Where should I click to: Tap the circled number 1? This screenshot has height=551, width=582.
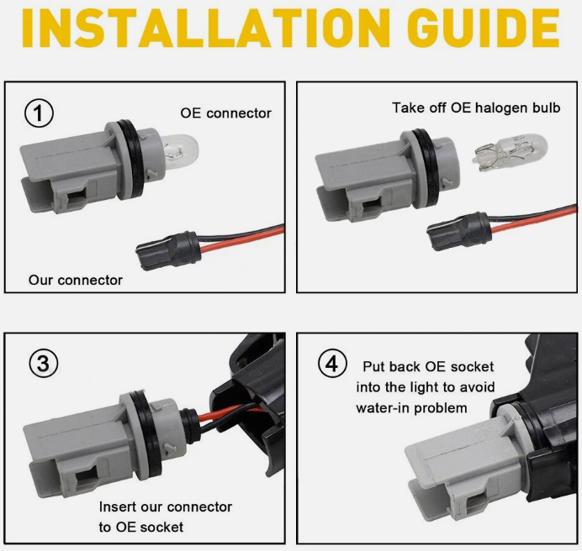pos(39,113)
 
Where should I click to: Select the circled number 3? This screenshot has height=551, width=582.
pos(44,364)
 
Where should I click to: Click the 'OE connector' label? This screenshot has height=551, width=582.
pos(225,113)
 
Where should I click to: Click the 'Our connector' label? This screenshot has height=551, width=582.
pos(76,280)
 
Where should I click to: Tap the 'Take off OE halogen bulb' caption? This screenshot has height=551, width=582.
pos(476,108)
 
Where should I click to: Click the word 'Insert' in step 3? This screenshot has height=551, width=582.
pos(117,506)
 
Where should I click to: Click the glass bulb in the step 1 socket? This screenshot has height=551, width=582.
pos(179,150)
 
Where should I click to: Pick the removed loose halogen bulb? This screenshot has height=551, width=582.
pos(511,154)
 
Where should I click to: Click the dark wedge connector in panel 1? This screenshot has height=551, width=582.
pos(167,249)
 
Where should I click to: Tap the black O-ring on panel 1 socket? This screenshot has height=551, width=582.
pos(131,158)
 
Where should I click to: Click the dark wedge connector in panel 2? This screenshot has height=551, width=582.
pos(458,230)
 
